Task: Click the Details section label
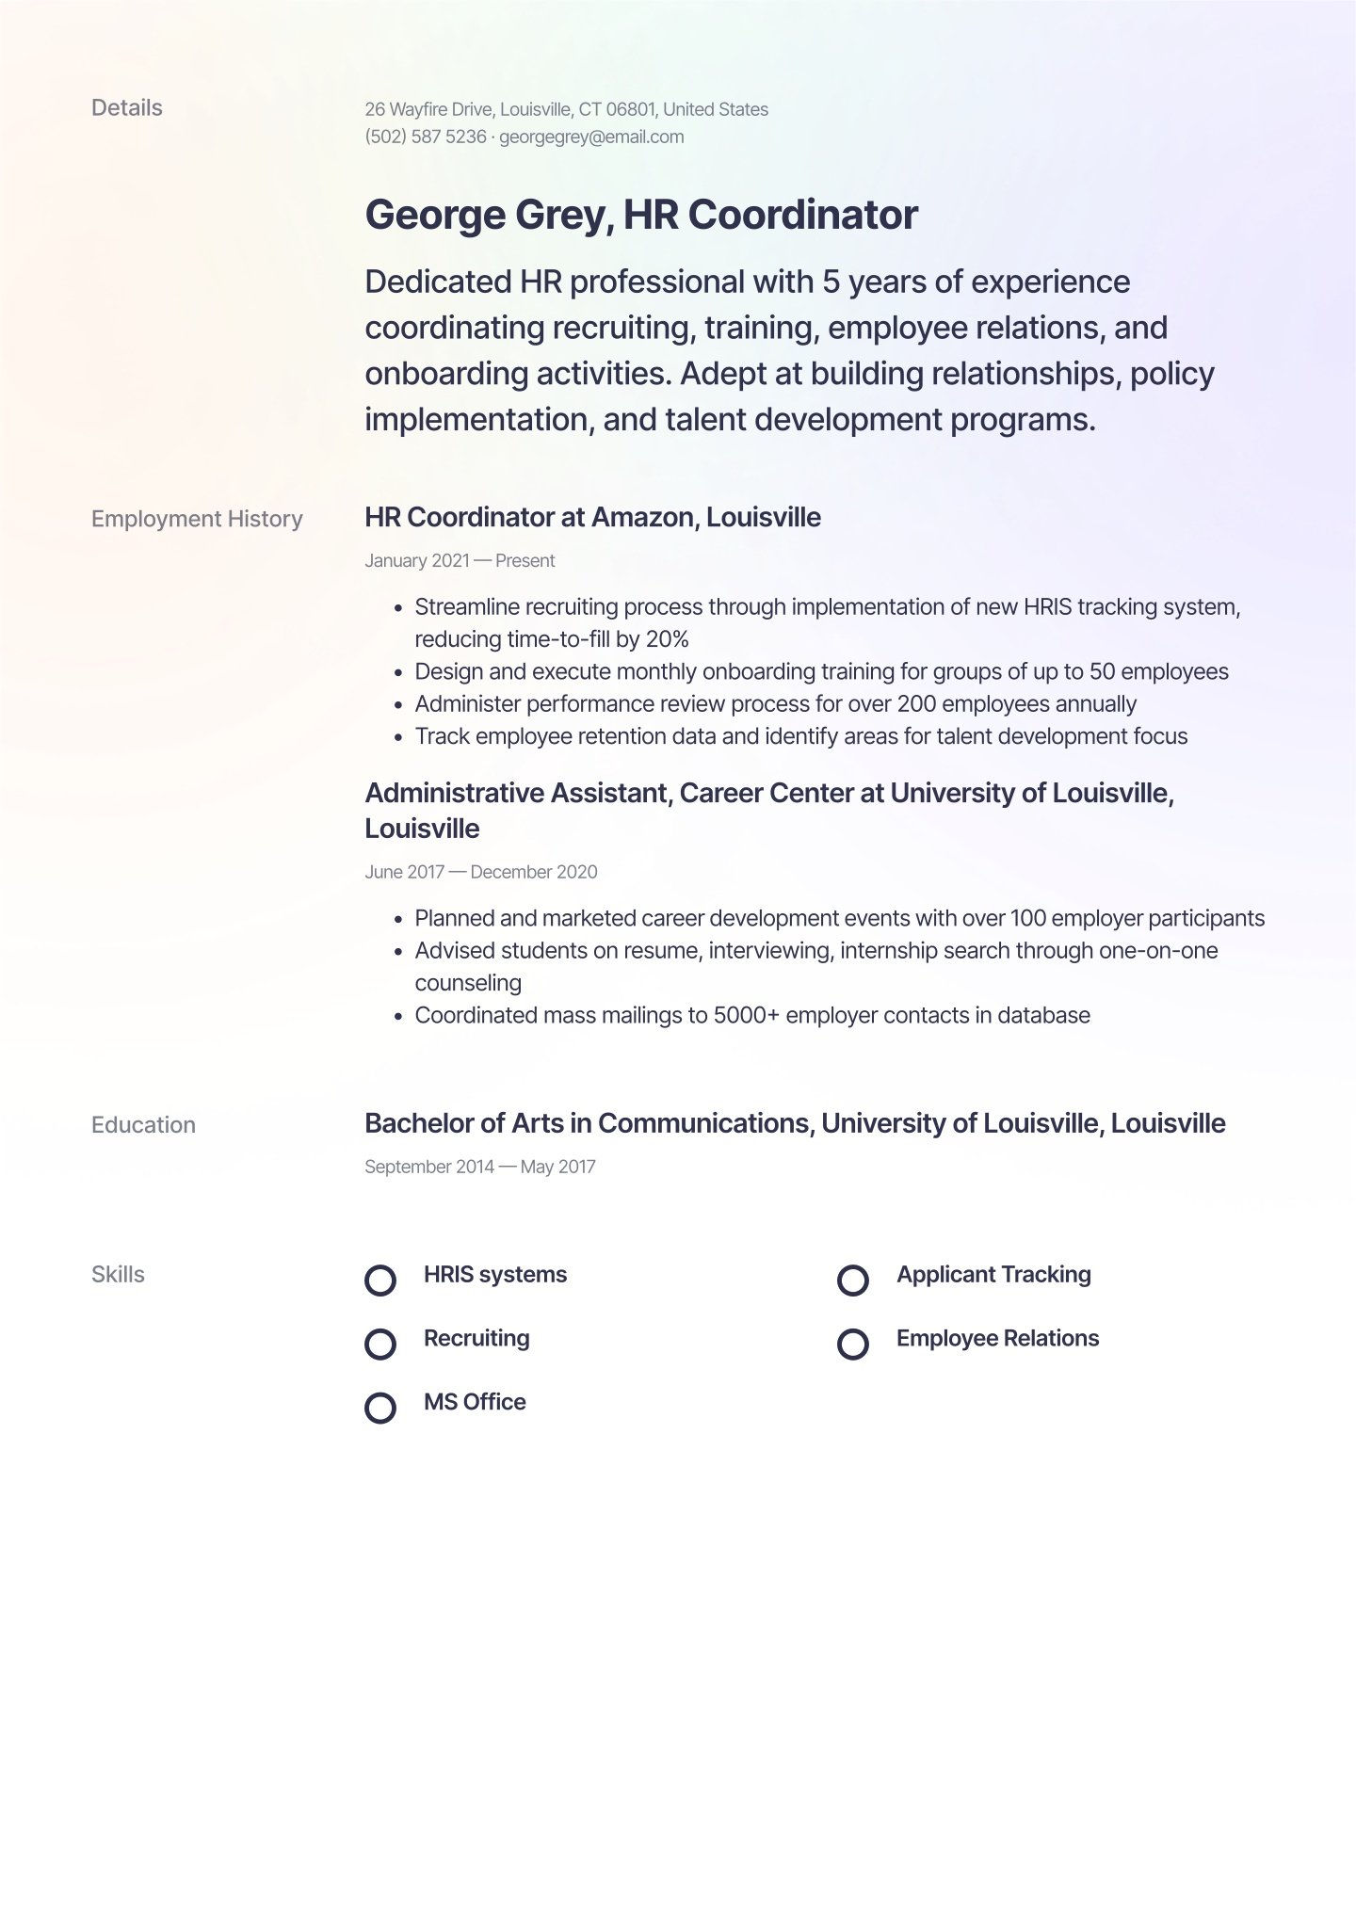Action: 126,108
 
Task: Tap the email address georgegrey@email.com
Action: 591,137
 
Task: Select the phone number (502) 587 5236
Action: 426,137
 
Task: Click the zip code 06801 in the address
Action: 630,109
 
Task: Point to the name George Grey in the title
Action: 488,215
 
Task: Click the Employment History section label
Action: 197,519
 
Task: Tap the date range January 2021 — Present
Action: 460,561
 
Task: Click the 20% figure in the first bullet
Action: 667,639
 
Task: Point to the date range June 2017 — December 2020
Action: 480,872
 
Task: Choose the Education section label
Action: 143,1125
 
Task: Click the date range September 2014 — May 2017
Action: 480,1167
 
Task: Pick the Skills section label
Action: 118,1275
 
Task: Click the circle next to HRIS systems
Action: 380,1281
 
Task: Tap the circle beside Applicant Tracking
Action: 853,1281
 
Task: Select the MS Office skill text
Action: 475,1402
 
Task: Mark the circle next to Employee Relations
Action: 853,1344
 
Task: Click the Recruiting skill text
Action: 476,1338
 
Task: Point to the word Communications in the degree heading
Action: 703,1123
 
